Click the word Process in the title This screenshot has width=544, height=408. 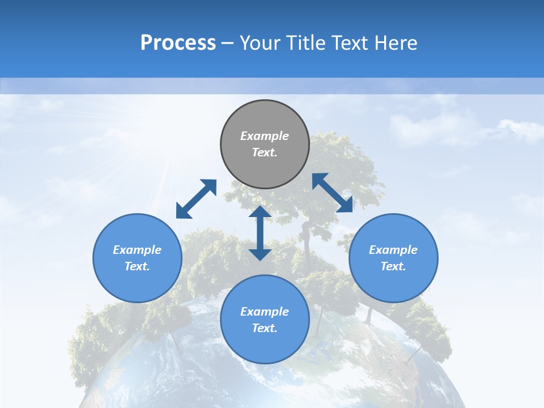click(x=178, y=43)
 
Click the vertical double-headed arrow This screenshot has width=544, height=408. click(x=260, y=233)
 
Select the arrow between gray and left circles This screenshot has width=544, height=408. click(x=196, y=199)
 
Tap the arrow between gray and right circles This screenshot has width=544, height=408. click(x=333, y=193)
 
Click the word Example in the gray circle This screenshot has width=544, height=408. click(x=265, y=136)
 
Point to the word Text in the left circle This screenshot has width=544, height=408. click(x=137, y=266)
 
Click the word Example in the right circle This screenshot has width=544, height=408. click(x=393, y=250)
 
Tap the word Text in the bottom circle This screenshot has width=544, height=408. click(x=265, y=328)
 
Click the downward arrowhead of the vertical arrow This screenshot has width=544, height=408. click(x=260, y=254)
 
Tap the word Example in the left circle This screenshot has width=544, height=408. click(x=137, y=250)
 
